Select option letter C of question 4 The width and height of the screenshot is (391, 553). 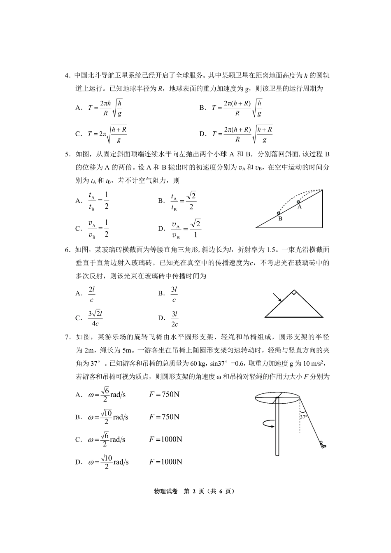pos(78,134)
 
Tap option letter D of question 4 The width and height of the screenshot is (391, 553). pos(202,134)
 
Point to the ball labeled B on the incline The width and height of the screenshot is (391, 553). pos(279,213)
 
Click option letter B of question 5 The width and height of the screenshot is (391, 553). pos(161,201)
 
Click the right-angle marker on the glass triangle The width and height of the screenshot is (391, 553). pos(293,293)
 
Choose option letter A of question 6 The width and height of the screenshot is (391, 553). pos(78,293)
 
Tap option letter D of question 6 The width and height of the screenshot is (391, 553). pos(161,318)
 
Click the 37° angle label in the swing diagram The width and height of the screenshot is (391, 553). pos(304,416)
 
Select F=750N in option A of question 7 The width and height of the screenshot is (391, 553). pos(164,395)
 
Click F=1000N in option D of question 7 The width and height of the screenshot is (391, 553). pos(165,462)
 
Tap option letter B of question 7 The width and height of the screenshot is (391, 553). pos(78,417)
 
